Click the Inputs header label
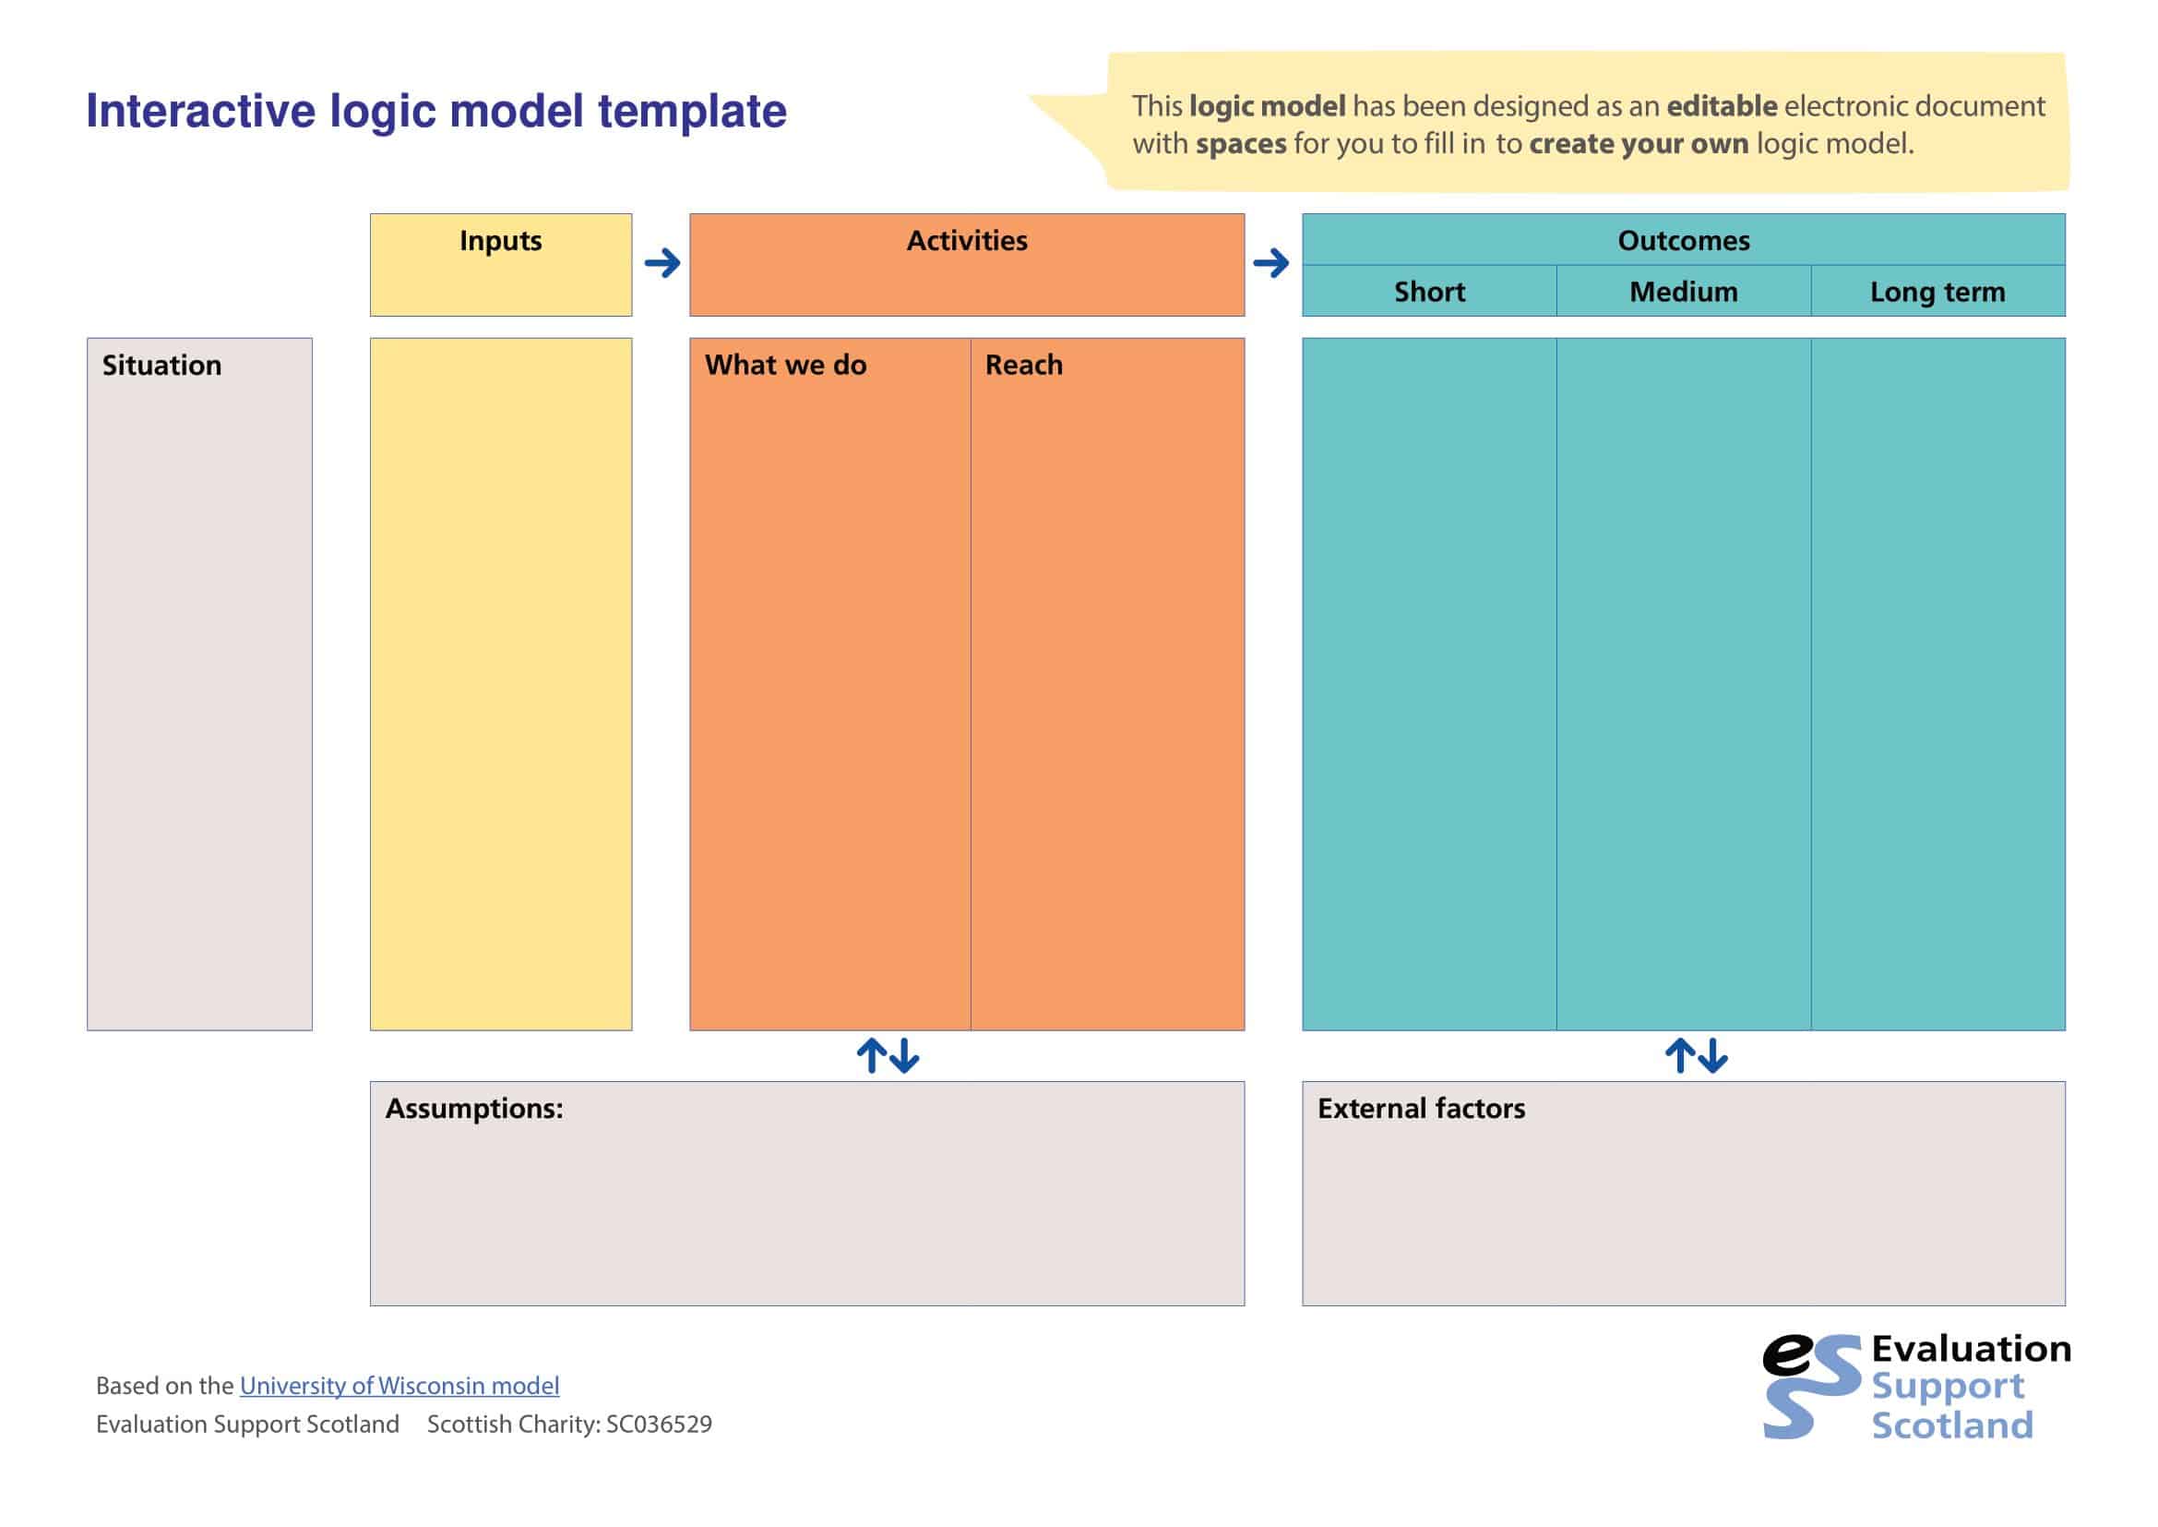500,241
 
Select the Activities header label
966,241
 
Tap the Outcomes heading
1683,241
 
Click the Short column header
1428,292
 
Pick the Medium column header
1683,292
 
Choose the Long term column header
1937,292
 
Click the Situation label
161,365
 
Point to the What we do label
785,365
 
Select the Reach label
1023,365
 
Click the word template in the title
692,111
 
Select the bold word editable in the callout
1721,106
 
